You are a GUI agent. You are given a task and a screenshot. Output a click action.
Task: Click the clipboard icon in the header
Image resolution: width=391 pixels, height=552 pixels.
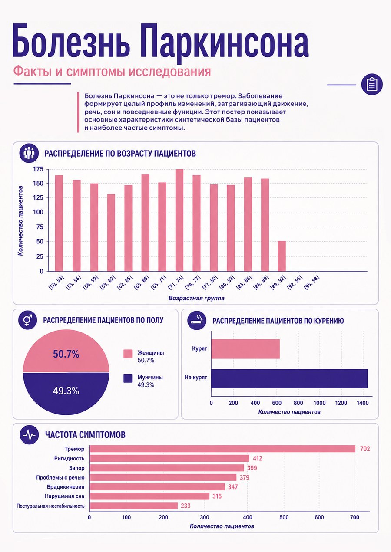click(372, 85)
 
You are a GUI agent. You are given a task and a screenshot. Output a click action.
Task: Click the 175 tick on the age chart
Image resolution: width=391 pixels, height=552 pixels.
click(38, 169)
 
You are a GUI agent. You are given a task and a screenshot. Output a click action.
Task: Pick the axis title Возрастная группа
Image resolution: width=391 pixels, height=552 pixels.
click(196, 298)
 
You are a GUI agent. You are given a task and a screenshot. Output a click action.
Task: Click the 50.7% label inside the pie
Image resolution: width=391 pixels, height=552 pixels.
click(66, 354)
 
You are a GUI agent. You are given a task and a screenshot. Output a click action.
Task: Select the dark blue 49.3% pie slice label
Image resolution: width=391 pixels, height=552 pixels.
click(66, 391)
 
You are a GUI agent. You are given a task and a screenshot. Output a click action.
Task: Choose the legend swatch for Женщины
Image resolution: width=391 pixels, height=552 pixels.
click(128, 354)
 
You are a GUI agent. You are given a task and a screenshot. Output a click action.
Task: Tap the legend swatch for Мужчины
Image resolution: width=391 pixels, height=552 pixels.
click(128, 378)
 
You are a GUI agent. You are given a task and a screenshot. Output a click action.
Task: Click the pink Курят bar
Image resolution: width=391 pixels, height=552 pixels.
click(245, 349)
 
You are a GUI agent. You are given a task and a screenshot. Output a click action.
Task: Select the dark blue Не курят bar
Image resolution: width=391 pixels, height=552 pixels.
click(289, 378)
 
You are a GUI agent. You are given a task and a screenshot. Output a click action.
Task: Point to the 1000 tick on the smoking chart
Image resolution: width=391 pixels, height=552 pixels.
click(319, 403)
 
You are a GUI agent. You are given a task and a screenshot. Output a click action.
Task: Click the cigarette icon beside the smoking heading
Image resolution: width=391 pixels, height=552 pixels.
click(197, 321)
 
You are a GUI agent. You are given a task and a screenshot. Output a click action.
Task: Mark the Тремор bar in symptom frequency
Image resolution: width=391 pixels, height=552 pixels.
click(222, 449)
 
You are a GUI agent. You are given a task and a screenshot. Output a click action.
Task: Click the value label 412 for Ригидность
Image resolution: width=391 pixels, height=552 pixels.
click(258, 458)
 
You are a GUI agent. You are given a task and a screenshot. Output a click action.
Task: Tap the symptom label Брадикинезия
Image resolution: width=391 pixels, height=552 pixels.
click(66, 487)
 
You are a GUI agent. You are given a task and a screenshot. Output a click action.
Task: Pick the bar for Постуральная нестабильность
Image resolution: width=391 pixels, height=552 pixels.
click(134, 506)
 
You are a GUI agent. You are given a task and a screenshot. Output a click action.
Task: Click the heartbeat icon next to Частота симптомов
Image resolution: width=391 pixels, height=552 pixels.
click(29, 435)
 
